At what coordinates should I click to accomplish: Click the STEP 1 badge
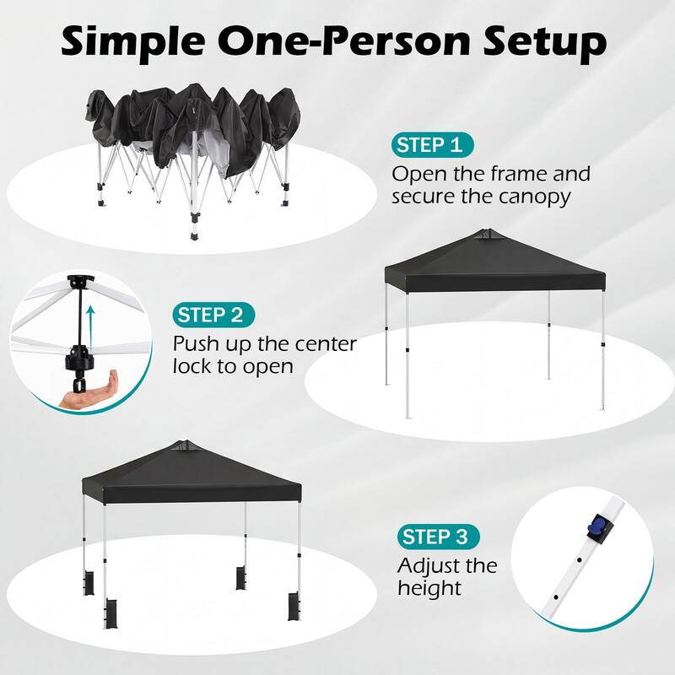[x=432, y=145]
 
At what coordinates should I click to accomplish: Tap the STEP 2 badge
[x=213, y=316]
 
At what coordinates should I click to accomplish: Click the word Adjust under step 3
[x=429, y=565]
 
